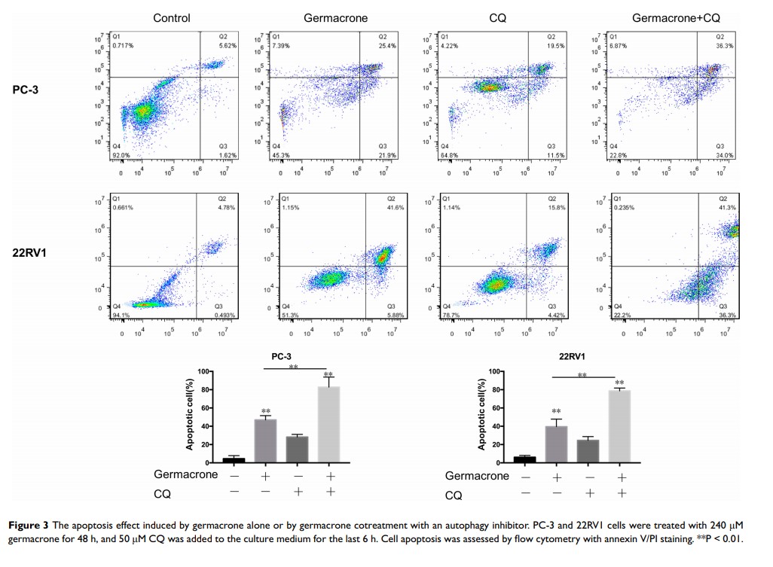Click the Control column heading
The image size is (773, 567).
click(172, 17)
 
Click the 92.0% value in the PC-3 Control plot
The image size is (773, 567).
click(121, 155)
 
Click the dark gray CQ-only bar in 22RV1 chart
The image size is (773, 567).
click(588, 450)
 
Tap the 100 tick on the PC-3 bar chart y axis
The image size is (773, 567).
click(191, 372)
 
